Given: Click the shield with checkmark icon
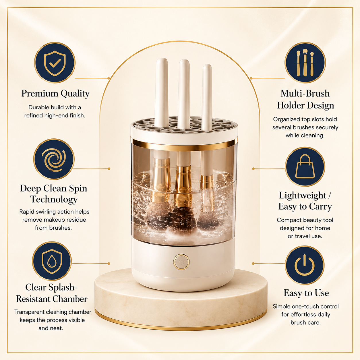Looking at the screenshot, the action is pos(55,63).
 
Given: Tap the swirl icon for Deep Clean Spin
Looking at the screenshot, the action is pos(54,159).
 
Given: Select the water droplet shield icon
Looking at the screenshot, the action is pos(52,261).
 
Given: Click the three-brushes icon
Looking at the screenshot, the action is pos(305,63).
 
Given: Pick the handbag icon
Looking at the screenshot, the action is pos(305,167).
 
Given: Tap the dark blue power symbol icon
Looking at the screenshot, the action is pos(305,265).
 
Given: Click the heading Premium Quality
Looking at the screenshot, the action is pos(55,94).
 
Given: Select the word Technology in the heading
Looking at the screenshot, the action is pos(54,199).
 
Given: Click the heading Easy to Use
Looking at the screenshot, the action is pos(306,293).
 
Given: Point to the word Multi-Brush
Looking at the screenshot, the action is pos(305,93).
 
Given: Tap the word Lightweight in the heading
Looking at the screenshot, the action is pos(303,196).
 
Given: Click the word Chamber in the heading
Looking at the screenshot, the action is pos(70,299).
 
